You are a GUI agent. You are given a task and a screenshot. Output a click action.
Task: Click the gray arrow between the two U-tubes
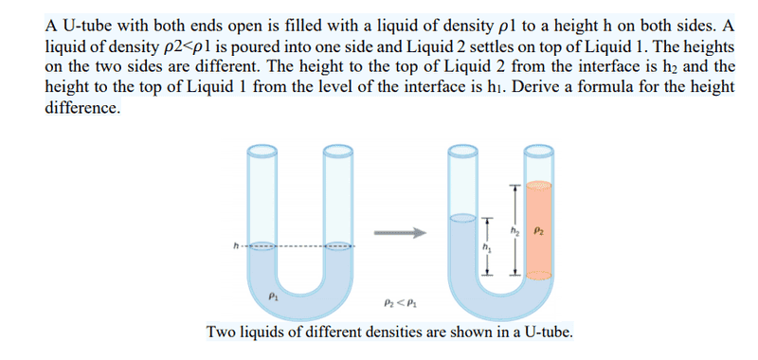400,233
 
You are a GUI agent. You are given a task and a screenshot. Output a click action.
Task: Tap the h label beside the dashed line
236,246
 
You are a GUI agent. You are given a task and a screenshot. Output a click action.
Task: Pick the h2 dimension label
523,231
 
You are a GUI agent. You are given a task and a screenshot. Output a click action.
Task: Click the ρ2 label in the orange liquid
539,231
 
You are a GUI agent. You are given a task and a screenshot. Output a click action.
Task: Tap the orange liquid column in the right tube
538,231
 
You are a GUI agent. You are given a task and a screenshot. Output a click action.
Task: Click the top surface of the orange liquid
538,185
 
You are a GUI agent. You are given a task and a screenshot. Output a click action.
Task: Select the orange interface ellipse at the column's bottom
538,276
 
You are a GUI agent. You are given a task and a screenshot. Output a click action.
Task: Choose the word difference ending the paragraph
81,107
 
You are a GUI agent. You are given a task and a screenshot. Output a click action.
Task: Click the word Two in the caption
220,333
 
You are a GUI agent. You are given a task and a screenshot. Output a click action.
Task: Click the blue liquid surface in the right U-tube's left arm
463,218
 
